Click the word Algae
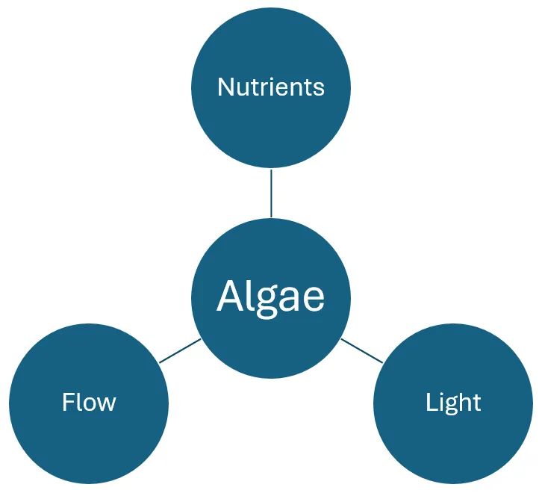click(271, 297)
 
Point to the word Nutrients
click(271, 87)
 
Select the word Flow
click(89, 403)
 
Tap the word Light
click(453, 403)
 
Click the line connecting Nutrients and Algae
click(271, 193)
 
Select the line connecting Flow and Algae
click(180, 351)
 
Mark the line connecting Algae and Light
click(362, 351)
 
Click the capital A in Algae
click(228, 296)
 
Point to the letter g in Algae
click(262, 300)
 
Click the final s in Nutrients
click(320, 89)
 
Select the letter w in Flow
click(107, 404)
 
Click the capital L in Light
click(431, 403)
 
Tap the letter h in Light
click(464, 403)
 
